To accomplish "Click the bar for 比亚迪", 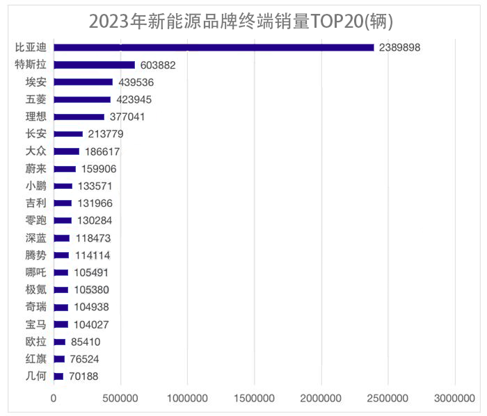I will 214,47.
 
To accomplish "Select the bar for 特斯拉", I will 94,65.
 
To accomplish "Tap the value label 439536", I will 136,82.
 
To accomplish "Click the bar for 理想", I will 79,117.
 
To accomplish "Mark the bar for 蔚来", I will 65,169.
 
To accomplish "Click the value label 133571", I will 95,186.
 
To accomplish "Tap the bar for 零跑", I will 63,221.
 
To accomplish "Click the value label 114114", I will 93,255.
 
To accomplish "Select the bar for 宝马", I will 61,324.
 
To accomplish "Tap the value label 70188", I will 84,376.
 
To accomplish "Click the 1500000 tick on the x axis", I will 254,399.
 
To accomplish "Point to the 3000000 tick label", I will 454,399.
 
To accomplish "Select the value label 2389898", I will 400,47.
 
